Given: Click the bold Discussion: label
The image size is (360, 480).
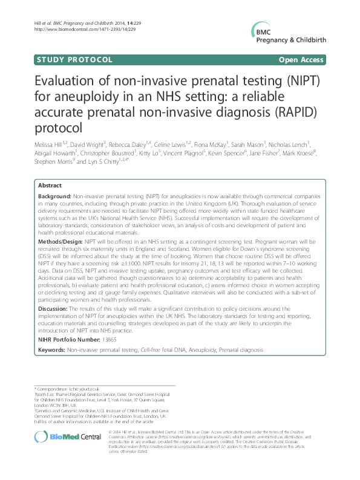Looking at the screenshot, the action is click(53, 309).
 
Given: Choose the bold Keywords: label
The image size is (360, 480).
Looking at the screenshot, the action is click(51, 350).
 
